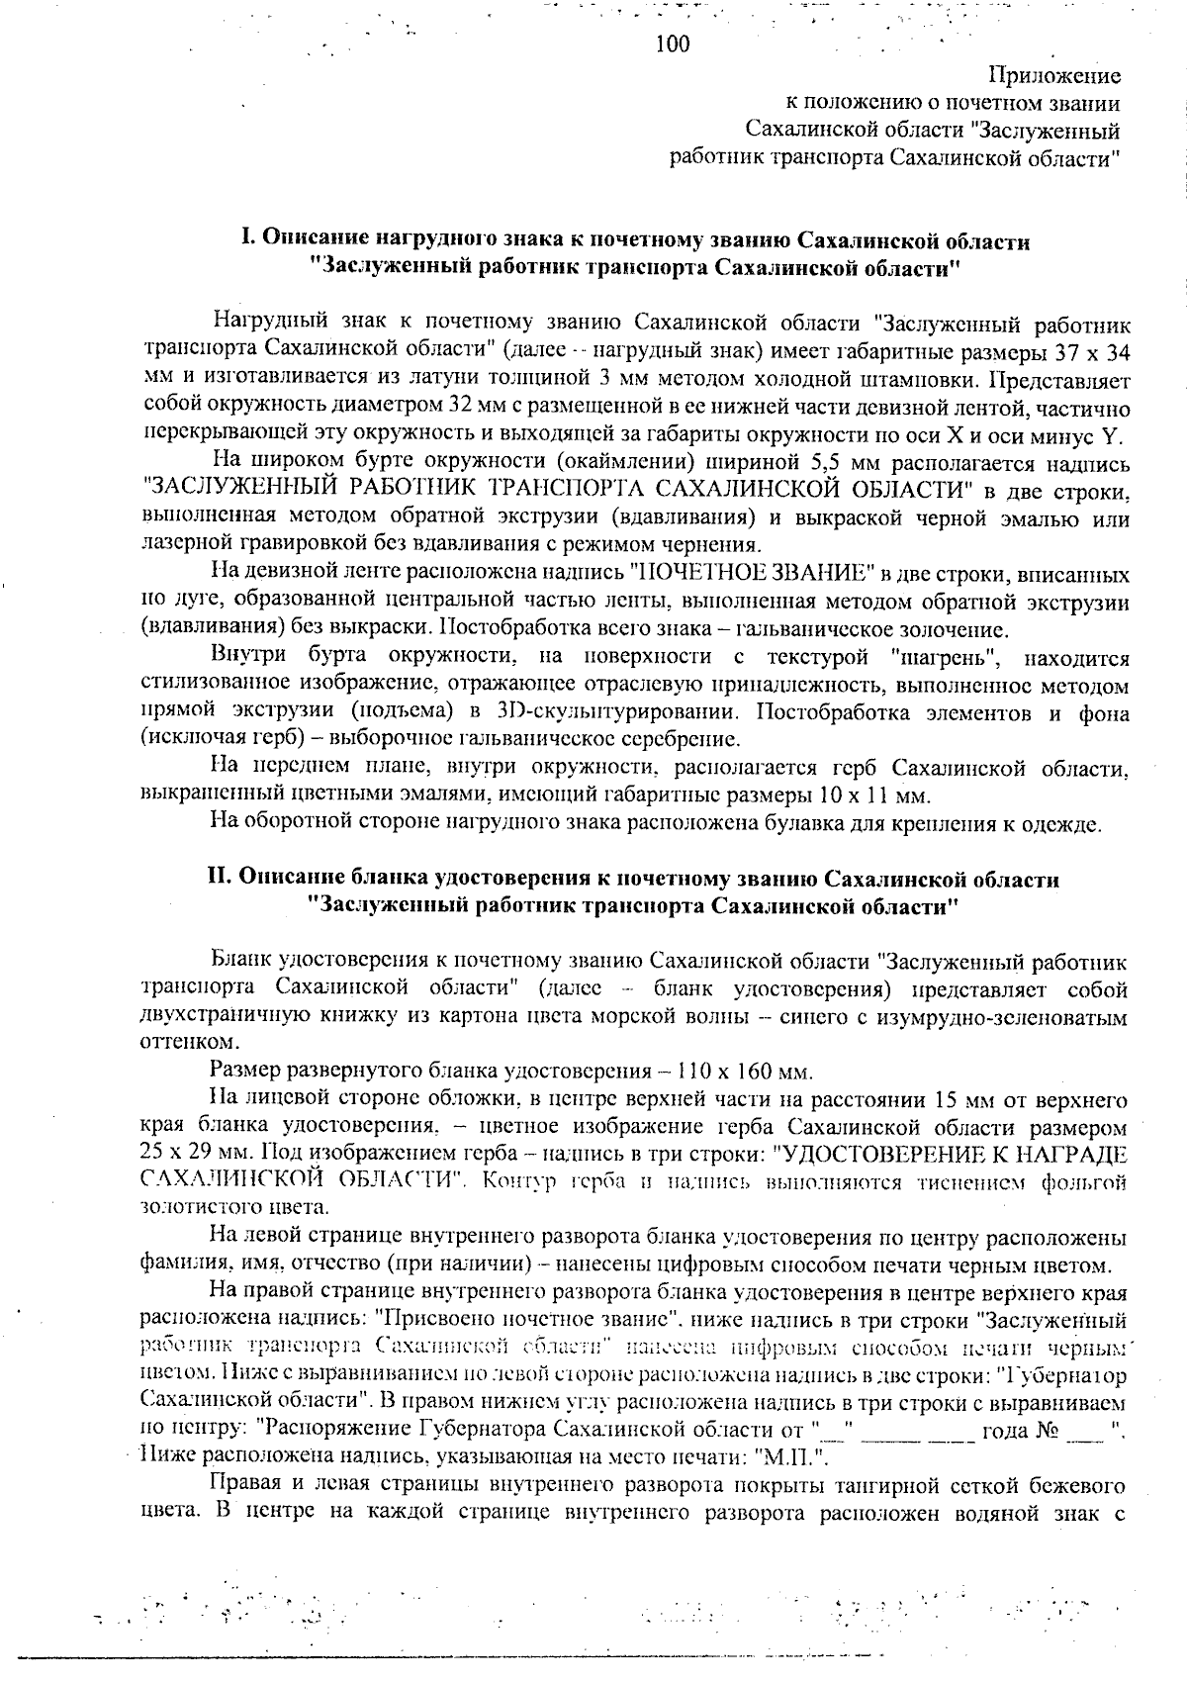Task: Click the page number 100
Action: (x=674, y=45)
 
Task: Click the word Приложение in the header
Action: (x=1054, y=76)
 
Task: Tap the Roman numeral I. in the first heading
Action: (x=250, y=241)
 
